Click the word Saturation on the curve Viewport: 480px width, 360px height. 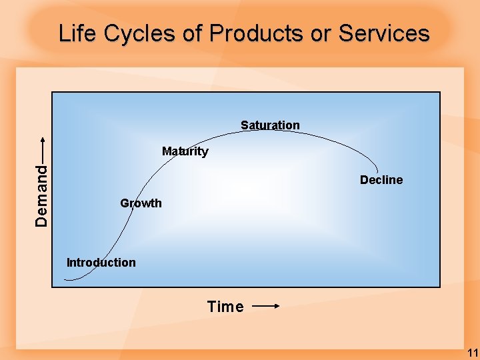(270, 125)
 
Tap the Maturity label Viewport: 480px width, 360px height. (185, 151)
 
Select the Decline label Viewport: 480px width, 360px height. (381, 180)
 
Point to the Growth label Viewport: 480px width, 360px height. (141, 203)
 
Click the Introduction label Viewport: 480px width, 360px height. (101, 263)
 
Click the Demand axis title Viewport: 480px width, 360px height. (41, 195)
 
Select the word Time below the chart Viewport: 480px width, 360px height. (225, 307)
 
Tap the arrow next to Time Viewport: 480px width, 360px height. (266, 307)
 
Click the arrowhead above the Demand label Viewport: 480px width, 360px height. (42, 140)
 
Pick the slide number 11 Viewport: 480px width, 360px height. (472, 353)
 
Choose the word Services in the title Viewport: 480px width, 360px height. (384, 33)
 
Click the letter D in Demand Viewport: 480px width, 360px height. (41, 221)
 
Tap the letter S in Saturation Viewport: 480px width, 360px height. (245, 125)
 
